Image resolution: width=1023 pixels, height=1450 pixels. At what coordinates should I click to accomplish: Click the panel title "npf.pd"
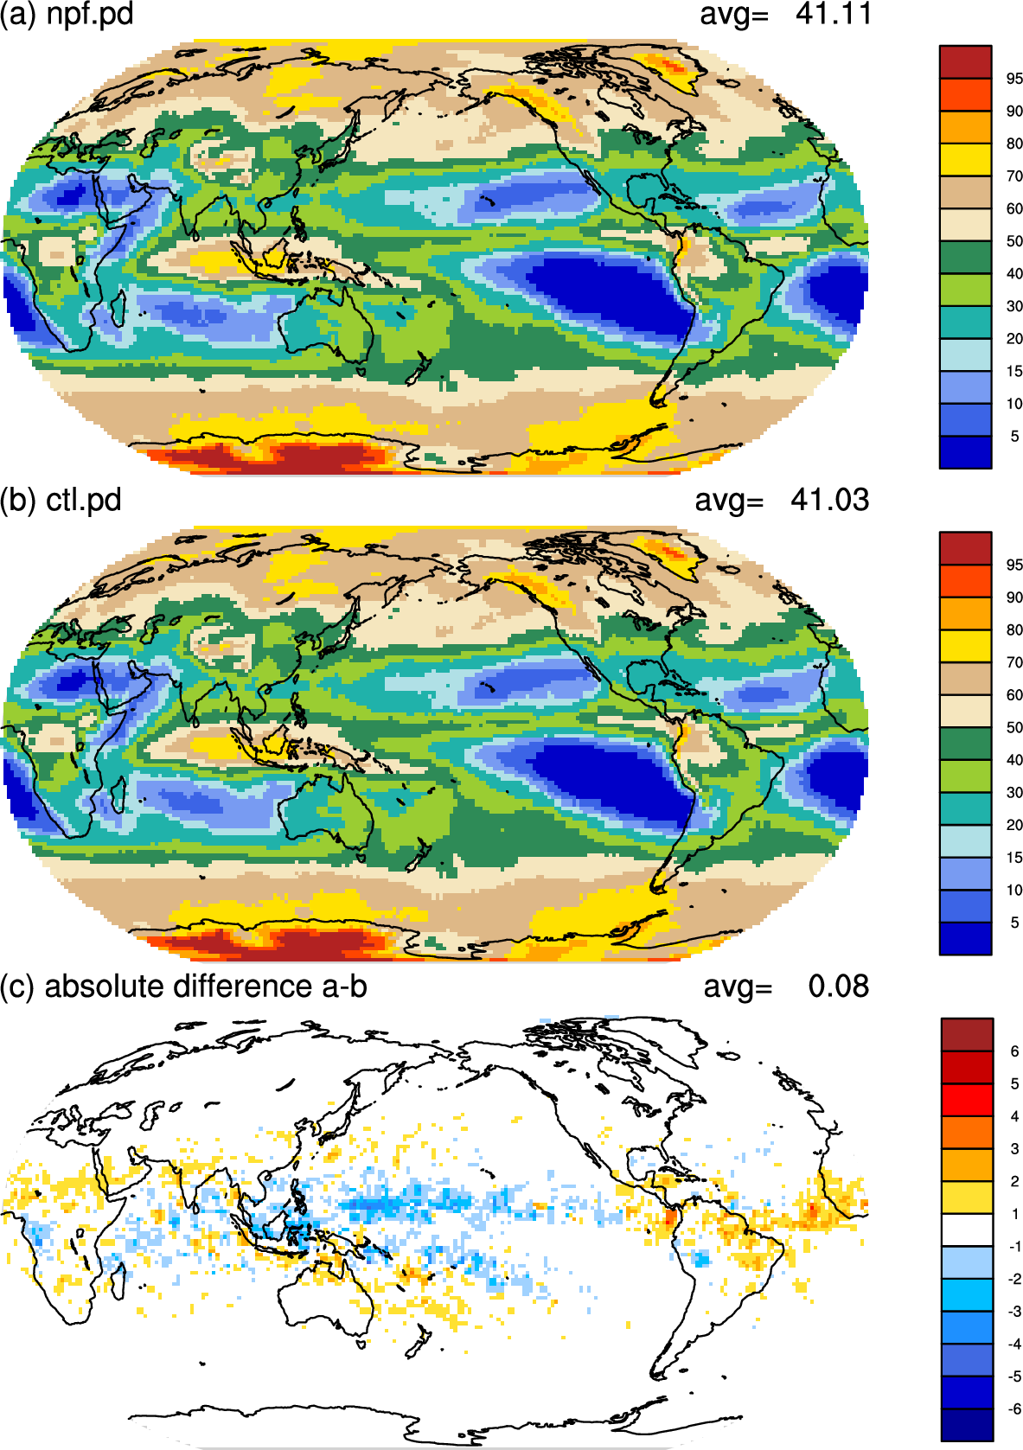90,14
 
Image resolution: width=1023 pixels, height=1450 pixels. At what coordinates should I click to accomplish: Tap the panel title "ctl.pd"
84,501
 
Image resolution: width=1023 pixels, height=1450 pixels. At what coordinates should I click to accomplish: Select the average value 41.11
833,14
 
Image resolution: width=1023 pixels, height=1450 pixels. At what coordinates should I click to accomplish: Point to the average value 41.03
829,501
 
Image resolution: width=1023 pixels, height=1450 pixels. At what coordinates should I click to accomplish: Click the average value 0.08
839,987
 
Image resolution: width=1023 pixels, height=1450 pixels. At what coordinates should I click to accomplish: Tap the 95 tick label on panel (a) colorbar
1014,79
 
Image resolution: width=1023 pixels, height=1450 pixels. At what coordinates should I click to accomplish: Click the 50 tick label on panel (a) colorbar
1014,241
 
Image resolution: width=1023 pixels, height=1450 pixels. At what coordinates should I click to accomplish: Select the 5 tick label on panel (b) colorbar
1014,922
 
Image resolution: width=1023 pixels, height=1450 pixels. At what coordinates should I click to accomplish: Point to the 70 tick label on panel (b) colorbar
1014,662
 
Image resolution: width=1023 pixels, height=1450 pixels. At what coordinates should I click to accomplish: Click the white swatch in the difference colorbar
966,1230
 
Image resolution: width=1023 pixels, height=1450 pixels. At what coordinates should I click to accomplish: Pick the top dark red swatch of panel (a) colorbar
965,62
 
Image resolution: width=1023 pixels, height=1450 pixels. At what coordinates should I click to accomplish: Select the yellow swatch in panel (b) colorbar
965,646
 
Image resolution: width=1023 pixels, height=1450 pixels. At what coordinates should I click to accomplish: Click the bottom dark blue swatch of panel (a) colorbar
965,452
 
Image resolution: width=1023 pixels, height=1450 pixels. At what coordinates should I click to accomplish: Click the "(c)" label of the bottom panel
17,987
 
